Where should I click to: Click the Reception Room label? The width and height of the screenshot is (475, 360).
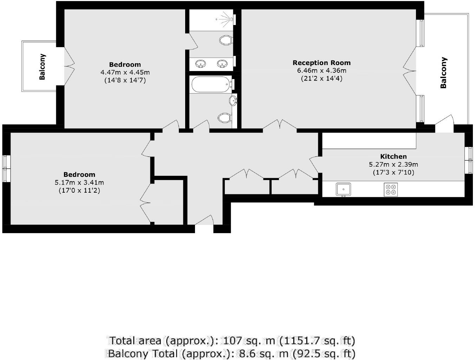coord(321,63)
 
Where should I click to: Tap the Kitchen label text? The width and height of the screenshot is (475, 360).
coord(393,156)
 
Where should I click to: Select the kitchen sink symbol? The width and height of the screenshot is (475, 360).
coord(343,189)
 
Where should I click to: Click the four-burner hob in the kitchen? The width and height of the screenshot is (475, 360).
coord(391,189)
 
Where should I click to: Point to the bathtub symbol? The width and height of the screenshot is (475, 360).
coord(210,85)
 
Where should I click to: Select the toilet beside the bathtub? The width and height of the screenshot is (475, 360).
coord(224,117)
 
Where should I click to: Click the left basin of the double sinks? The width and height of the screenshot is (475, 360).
coord(201,64)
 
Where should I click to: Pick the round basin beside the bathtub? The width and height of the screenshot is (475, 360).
coord(233,101)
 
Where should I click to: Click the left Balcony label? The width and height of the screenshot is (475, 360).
coord(42,66)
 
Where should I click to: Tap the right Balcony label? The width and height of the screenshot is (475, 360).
coord(443,72)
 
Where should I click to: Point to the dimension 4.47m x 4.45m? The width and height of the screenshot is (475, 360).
coord(125,72)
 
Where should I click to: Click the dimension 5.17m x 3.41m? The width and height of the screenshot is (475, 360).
coord(79,182)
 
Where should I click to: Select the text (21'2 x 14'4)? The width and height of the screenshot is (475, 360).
coord(321,78)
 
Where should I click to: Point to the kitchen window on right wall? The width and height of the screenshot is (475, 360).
coord(468,160)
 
